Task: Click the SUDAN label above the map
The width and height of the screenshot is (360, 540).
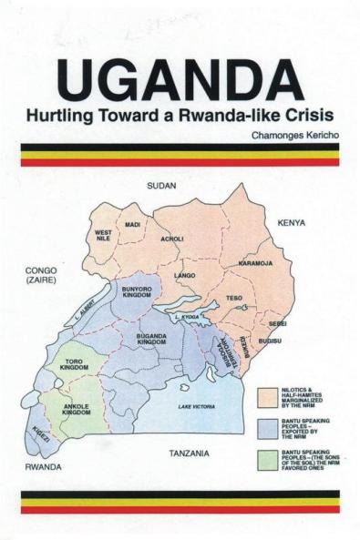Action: pos(161,186)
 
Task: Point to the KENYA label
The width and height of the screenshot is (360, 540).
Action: pos(292,222)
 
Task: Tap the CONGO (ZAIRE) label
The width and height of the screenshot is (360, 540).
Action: pos(41,275)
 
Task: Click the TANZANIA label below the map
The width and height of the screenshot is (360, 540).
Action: pos(190,453)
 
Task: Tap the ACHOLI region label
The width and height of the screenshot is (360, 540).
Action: pos(171,239)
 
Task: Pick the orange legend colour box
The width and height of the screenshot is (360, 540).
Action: pos(266,396)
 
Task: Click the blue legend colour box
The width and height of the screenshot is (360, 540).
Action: pos(266,427)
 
